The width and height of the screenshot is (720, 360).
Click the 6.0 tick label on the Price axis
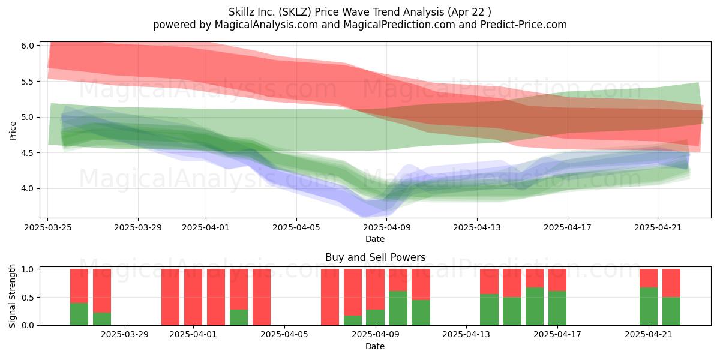pyautogui.click(x=28, y=46)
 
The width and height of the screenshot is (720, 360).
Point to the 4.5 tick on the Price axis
pyautogui.click(x=28, y=153)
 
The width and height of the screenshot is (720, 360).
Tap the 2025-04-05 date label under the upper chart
pyautogui.click(x=296, y=227)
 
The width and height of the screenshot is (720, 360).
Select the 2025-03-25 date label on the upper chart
pyautogui.click(x=48, y=227)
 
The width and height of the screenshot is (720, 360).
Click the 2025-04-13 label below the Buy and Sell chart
pyautogui.click(x=466, y=335)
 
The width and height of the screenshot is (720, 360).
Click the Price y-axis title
pyautogui.click(x=13, y=131)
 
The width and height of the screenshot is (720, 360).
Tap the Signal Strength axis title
pyautogui.click(x=12, y=296)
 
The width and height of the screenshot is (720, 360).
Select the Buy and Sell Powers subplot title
pyautogui.click(x=375, y=257)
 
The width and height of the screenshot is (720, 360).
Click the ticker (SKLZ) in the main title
pyautogui.click(x=295, y=12)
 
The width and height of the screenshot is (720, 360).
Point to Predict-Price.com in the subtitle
pyautogui.click(x=524, y=25)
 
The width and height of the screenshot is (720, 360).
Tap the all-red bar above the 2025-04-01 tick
pyautogui.click(x=193, y=297)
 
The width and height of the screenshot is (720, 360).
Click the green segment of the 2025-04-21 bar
pyautogui.click(x=649, y=307)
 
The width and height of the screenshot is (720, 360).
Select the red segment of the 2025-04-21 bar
pyautogui.click(x=649, y=278)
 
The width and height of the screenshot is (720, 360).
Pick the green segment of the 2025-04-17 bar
pyautogui.click(x=557, y=308)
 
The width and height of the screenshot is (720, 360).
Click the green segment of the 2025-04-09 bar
pyautogui.click(x=375, y=317)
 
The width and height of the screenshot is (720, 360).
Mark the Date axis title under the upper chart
pyautogui.click(x=375, y=239)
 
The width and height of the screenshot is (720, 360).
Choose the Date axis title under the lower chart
pyautogui.click(x=375, y=346)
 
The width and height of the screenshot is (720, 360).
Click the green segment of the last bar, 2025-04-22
pyautogui.click(x=671, y=311)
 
